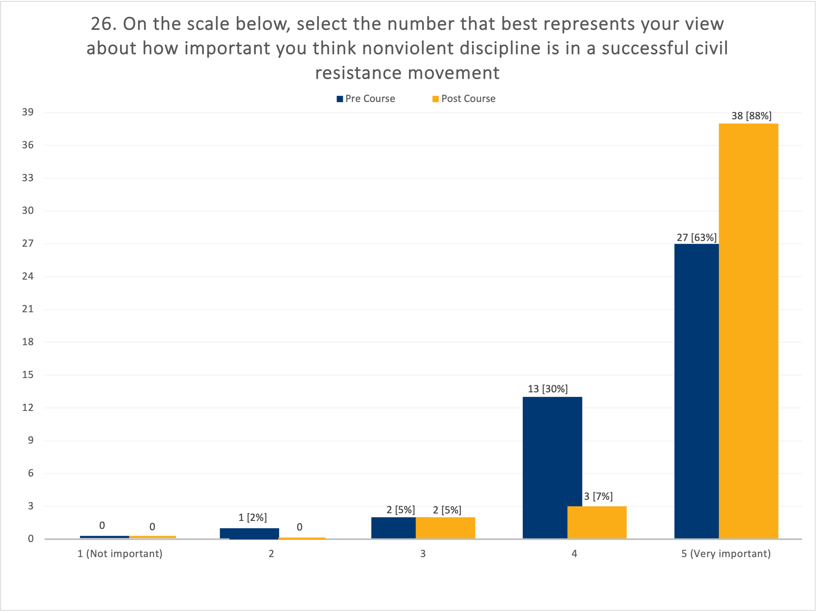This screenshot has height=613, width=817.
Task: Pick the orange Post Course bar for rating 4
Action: click(597, 522)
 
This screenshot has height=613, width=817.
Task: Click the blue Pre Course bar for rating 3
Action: click(393, 528)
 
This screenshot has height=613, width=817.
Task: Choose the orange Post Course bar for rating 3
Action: click(445, 528)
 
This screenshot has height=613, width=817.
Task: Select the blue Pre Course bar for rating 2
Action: click(249, 533)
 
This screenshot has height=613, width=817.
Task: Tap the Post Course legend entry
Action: click(464, 99)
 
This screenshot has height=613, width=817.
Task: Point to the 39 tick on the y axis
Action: click(28, 112)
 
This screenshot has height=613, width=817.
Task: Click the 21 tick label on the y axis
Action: click(28, 309)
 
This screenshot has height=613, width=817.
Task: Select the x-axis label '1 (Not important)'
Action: click(120, 554)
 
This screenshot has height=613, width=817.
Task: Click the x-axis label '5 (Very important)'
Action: click(726, 554)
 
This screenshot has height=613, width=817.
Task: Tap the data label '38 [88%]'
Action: click(751, 116)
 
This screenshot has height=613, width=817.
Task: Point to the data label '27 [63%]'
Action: click(696, 237)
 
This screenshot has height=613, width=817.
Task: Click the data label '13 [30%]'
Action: click(547, 389)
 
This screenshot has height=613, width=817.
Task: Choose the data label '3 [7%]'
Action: click(598, 496)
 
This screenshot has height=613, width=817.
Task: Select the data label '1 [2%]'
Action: click(252, 517)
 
